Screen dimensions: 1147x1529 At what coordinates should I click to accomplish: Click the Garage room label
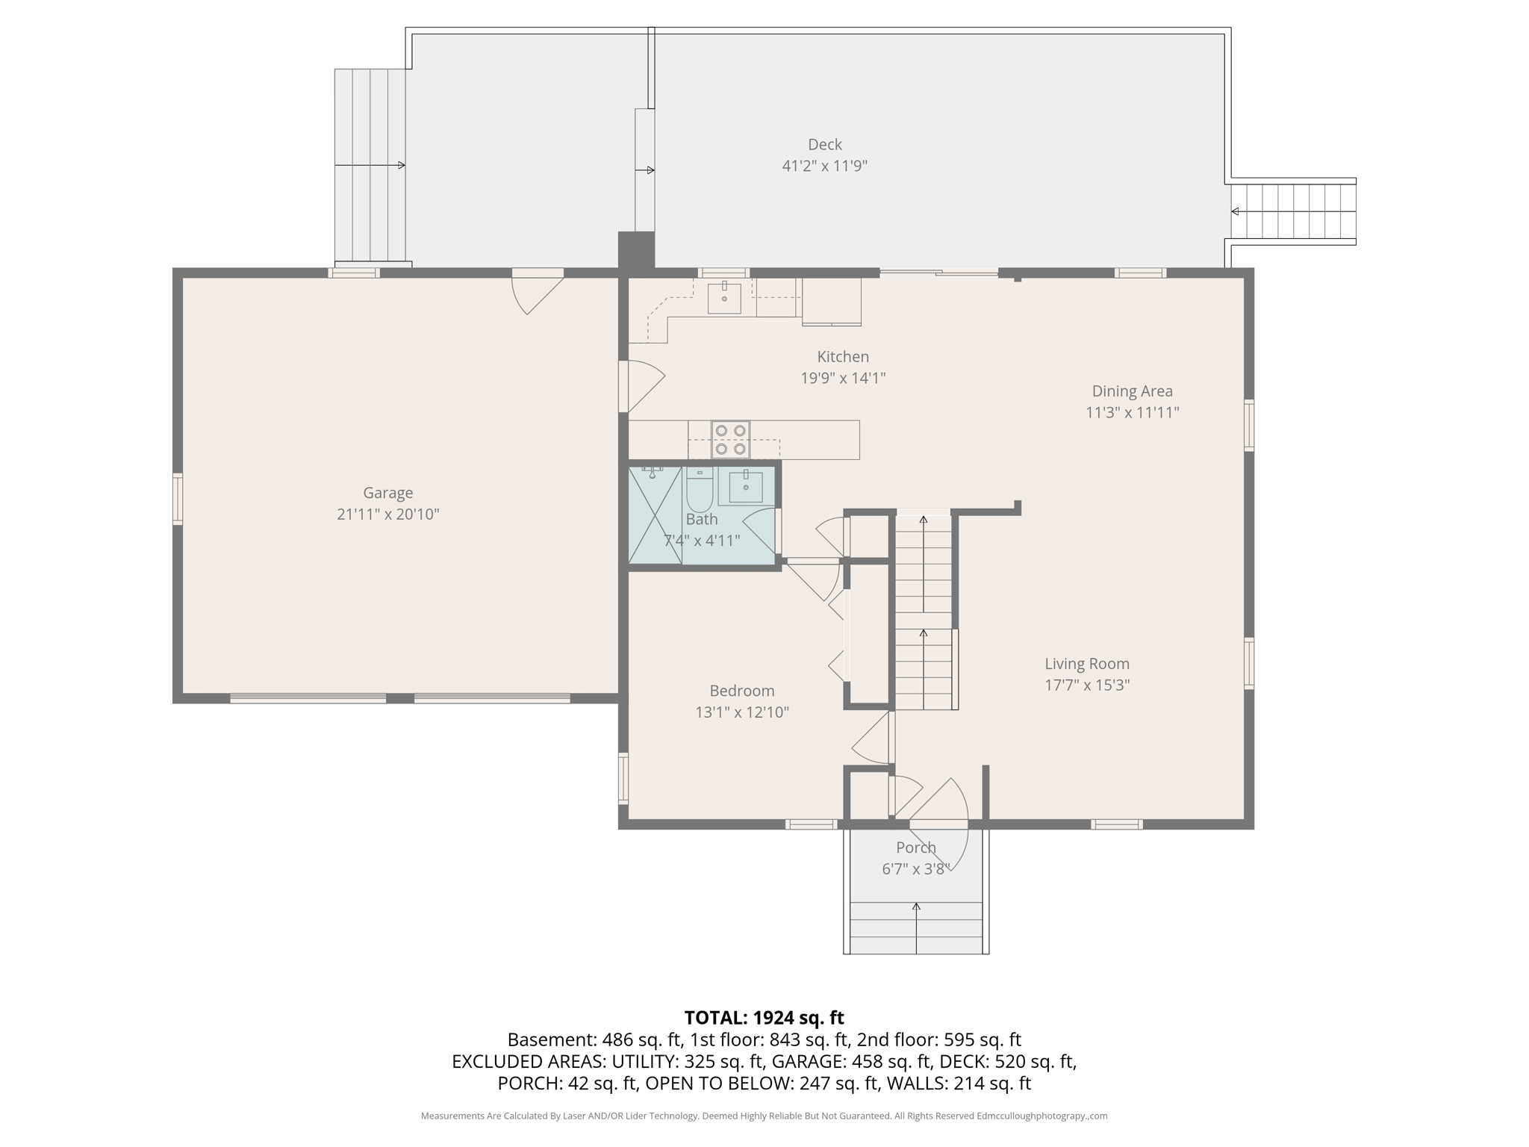[x=387, y=493]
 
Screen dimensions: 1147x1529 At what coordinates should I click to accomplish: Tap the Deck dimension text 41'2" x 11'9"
[x=824, y=166]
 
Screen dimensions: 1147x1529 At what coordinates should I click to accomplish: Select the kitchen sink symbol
[x=724, y=298]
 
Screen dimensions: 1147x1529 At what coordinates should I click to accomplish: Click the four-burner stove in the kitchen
[x=730, y=439]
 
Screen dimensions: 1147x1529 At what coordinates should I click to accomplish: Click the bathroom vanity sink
[x=745, y=486]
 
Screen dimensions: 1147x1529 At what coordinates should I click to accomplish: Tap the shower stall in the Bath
[x=655, y=515]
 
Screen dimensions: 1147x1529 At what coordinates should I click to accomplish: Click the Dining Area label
[x=1132, y=391]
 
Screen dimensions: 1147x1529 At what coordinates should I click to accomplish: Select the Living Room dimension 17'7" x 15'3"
[x=1086, y=685]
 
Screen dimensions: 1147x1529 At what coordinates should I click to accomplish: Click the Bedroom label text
[x=741, y=691]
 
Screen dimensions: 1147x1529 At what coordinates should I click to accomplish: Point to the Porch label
[x=915, y=848]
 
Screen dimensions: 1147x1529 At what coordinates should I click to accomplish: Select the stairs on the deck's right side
[x=1293, y=211]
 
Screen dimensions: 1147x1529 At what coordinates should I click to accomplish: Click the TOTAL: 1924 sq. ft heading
[x=764, y=1017]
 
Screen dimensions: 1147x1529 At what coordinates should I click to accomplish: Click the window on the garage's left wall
[x=178, y=498]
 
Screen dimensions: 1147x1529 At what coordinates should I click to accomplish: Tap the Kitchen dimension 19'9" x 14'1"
[x=843, y=378]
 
